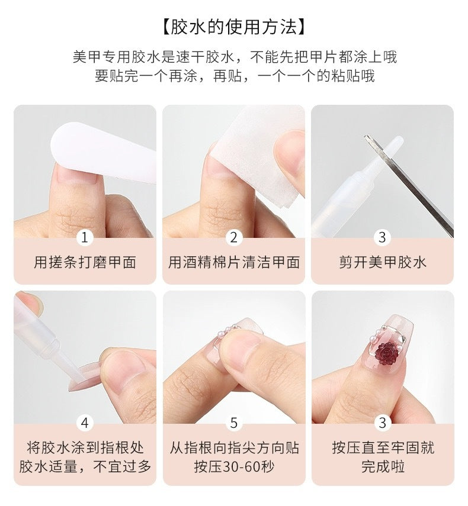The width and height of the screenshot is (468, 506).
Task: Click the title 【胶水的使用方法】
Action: pyautogui.click(x=234, y=27)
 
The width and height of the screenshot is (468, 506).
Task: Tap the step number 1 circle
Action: pyautogui.click(x=85, y=237)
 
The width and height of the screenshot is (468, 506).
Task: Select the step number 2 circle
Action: pyautogui.click(x=234, y=237)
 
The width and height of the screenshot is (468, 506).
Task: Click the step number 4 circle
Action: pyautogui.click(x=85, y=423)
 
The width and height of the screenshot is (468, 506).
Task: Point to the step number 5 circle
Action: pyautogui.click(x=234, y=423)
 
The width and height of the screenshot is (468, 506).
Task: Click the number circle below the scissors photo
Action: pyautogui.click(x=383, y=237)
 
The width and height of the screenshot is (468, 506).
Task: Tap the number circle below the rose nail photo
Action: pyautogui.click(x=383, y=423)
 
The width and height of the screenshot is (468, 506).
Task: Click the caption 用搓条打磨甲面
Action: pyautogui.click(x=85, y=263)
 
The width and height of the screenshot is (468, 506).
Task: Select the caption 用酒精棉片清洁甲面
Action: pyautogui.click(x=234, y=263)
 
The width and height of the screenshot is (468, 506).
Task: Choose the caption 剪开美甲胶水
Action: pyautogui.click(x=383, y=263)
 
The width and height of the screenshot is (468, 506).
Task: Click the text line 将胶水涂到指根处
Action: pyautogui.click(x=85, y=447)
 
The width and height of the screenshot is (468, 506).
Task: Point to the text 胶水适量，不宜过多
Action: pyautogui.click(x=85, y=466)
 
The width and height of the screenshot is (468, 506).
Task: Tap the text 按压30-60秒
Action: pyautogui.click(x=234, y=466)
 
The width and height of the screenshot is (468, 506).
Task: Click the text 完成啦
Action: pyautogui.click(x=383, y=466)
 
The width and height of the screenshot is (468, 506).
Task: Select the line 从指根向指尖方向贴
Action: pyautogui.click(x=234, y=447)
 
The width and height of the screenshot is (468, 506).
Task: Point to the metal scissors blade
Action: pyautogui.click(x=415, y=189)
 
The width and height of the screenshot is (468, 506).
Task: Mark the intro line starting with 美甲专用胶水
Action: pyautogui.click(x=234, y=57)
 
